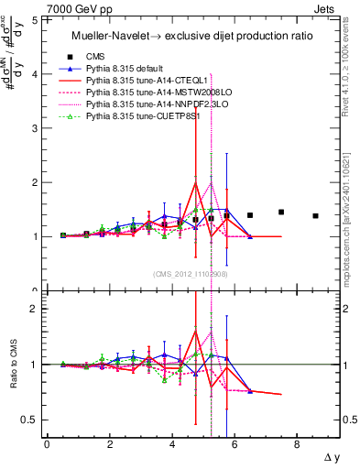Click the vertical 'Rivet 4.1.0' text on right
(345, 60)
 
